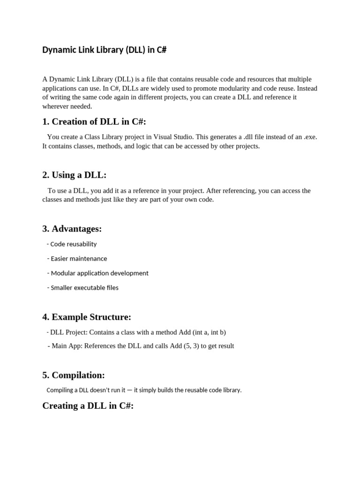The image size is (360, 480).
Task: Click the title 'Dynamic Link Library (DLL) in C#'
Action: coord(104,50)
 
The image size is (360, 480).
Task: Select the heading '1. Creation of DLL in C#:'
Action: coord(94,122)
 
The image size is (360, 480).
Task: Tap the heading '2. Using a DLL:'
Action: coord(75,175)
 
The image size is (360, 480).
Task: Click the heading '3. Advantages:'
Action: coord(72,229)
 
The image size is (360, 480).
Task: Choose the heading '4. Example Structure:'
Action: coord(87,317)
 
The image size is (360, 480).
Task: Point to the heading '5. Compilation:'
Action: coord(74,375)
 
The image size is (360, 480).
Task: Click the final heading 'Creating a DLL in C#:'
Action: coord(88,405)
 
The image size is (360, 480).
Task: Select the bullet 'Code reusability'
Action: coord(74,244)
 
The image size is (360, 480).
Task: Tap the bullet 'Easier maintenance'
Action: coord(79,258)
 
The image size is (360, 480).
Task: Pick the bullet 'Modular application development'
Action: coord(99,273)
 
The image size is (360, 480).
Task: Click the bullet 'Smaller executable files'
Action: coord(84,287)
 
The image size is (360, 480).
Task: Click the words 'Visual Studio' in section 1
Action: coord(173,137)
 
